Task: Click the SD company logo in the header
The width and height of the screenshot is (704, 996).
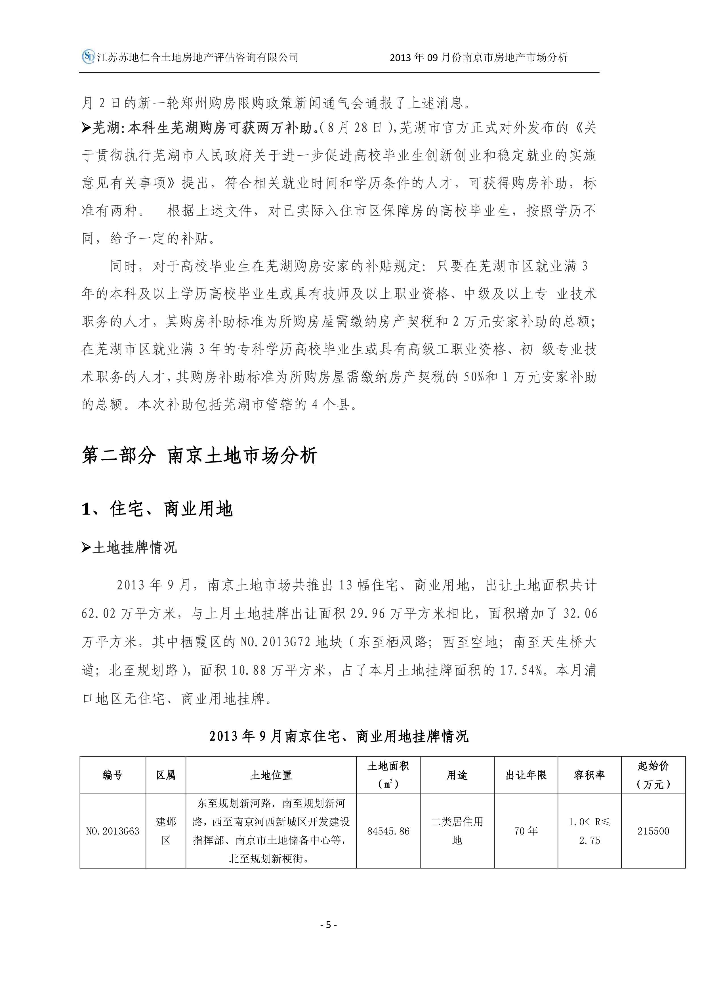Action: click(88, 57)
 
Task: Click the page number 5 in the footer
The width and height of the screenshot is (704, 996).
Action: click(328, 924)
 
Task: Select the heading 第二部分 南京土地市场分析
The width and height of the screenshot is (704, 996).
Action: click(199, 455)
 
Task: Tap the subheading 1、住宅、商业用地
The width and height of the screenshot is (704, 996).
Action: click(157, 509)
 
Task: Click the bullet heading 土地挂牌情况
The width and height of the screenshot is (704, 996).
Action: click(135, 548)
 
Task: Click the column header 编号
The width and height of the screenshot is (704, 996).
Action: click(113, 775)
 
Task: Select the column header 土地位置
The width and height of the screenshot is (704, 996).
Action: click(271, 775)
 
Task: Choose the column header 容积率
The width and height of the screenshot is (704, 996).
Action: click(589, 775)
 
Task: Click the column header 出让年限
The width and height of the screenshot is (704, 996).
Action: click(526, 775)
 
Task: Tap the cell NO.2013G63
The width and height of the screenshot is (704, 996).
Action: click(113, 831)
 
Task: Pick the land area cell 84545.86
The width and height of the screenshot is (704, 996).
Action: click(388, 831)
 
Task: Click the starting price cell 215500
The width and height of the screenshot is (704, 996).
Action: click(653, 831)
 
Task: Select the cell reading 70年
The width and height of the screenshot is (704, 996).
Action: click(526, 831)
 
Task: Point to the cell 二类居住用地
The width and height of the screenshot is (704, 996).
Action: click(457, 831)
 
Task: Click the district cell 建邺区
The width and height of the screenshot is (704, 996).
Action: click(166, 831)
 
